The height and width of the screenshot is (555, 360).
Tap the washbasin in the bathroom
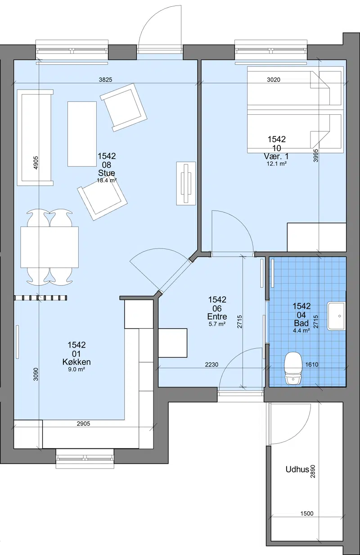tap(337, 316)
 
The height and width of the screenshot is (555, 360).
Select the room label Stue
tap(106, 173)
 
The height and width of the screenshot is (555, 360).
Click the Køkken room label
tap(76, 362)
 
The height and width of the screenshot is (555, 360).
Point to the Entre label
tap(217, 316)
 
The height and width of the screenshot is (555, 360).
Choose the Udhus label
tap(297, 469)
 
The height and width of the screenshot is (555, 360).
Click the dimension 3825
tap(106, 80)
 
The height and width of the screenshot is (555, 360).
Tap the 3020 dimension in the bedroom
tap(274, 80)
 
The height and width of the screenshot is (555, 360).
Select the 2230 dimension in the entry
tap(211, 365)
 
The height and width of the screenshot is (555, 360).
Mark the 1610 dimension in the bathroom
tap(312, 365)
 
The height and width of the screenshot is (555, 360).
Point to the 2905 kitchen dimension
tap(83, 424)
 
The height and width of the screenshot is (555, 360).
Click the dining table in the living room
tap(49, 247)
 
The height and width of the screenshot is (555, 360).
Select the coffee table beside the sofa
tap(82, 134)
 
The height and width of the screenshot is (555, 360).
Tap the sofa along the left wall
tap(35, 137)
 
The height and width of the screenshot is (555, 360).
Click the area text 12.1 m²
tap(277, 163)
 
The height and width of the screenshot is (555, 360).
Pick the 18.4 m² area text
tap(107, 180)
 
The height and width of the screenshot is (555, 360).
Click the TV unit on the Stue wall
tap(186, 183)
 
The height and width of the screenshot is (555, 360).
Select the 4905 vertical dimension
tap(36, 162)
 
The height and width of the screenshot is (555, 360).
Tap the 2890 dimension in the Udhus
tap(313, 471)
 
